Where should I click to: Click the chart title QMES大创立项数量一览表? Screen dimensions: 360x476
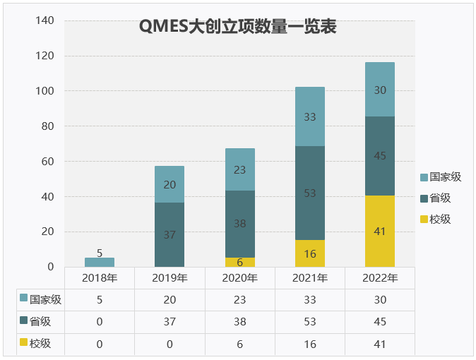click(x=237, y=28)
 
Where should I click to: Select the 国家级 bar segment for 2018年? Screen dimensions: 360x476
click(x=100, y=262)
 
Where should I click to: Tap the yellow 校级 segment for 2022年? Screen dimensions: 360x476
click(x=380, y=231)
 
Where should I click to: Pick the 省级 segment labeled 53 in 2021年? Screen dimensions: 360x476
click(x=310, y=193)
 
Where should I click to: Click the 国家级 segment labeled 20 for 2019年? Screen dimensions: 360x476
click(x=169, y=184)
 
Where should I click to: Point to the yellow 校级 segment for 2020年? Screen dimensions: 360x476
click(x=240, y=262)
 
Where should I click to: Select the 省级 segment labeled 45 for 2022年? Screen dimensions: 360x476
click(x=380, y=156)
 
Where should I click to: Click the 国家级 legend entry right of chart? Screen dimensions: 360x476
click(x=441, y=177)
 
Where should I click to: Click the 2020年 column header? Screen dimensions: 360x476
click(x=240, y=277)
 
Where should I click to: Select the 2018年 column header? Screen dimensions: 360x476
click(x=100, y=277)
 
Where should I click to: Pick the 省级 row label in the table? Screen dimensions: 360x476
click(x=41, y=321)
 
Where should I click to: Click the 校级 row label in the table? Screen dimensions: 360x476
click(x=41, y=344)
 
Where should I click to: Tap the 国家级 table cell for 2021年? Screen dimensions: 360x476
click(x=310, y=299)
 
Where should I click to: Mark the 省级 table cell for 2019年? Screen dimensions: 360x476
click(x=169, y=322)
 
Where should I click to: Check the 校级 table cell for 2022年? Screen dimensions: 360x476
click(x=380, y=344)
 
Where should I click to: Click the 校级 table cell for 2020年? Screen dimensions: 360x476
click(x=240, y=344)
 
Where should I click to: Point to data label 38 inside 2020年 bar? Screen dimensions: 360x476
click(x=240, y=224)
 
